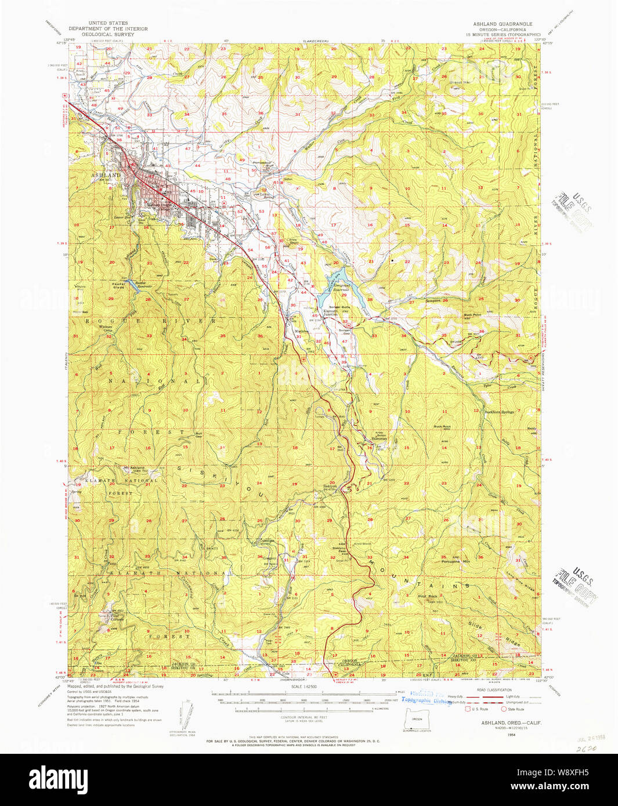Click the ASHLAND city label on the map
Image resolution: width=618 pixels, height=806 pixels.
coord(106,175)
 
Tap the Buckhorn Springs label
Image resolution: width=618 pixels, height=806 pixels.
coord(499,412)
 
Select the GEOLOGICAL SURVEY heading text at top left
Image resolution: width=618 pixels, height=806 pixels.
coord(108,34)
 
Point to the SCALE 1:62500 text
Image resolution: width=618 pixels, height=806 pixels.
coord(304,687)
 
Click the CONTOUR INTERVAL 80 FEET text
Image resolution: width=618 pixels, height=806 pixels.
coord(304,717)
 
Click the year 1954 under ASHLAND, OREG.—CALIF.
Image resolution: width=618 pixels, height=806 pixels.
coord(494,734)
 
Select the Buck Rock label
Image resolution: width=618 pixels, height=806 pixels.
coord(442,427)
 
